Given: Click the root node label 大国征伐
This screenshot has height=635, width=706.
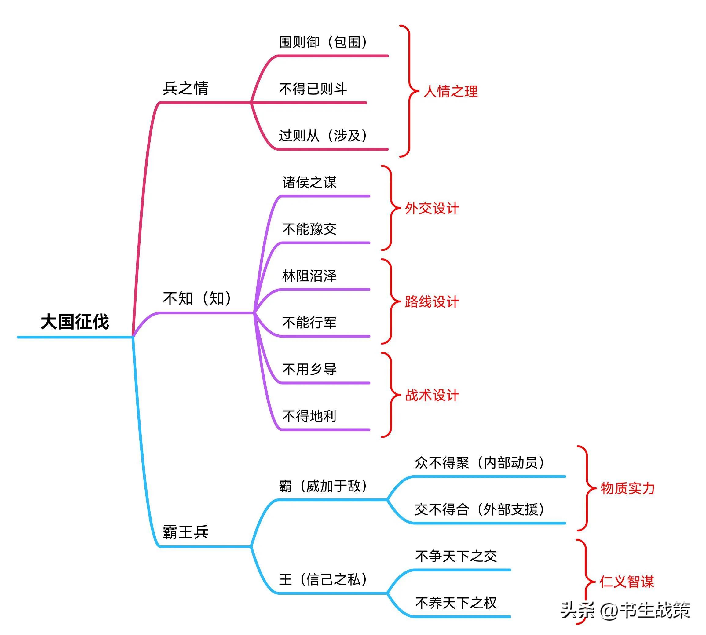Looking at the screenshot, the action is coord(75,321).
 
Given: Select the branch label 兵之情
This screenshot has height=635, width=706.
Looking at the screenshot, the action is coord(185,88).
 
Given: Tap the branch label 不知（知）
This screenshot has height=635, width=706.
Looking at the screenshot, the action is coord(197,298).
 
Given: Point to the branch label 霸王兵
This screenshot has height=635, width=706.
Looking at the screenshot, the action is coord(185,532).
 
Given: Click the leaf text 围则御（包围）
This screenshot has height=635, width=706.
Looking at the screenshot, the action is coord(323,42).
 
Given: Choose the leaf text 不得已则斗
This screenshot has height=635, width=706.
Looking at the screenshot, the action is coord(313,89).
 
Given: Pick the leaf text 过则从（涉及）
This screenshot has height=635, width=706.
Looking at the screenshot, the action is coord(323,135).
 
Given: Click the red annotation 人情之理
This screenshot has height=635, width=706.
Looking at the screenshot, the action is coord(450,91).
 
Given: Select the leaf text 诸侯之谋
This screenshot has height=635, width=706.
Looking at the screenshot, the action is coord(309,182).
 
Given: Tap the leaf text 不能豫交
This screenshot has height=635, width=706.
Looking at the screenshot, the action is coord(309,229).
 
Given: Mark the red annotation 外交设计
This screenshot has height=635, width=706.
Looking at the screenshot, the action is coord(432,208).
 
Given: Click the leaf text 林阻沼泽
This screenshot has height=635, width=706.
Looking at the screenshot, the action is coord(309,276).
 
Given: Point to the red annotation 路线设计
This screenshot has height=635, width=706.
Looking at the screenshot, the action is coord(432,302).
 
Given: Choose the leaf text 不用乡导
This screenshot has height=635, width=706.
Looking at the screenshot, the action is coord(309,369).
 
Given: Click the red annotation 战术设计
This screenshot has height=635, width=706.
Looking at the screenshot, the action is coord(432,395).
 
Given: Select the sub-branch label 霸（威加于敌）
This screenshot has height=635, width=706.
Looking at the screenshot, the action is coord(323,486).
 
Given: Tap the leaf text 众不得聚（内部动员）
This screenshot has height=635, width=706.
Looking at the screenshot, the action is coord(480,463).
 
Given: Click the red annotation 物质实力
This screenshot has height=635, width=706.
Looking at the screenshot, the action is coord(627,488).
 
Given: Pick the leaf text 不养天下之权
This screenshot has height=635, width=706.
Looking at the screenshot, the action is coord(456,603).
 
